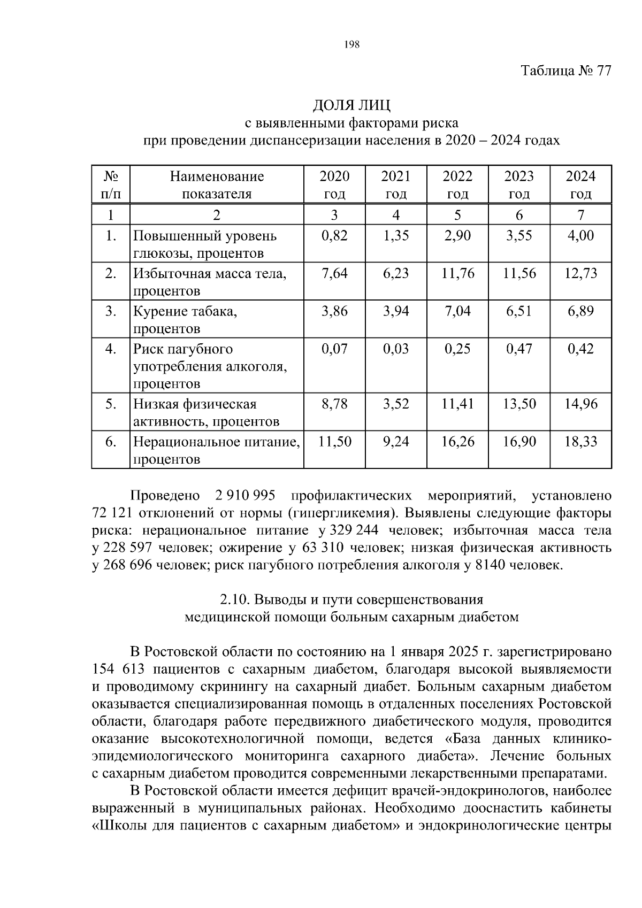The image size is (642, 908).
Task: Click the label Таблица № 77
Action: pos(565,71)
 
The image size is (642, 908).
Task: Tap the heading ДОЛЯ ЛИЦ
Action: pos(351,105)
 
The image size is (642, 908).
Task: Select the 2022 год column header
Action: pos(457,184)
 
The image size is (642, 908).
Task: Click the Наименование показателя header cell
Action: pos(217,184)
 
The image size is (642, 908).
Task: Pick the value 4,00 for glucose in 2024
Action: pos(580,236)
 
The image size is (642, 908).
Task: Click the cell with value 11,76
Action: pos(457,274)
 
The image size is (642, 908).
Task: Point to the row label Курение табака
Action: pos(185,311)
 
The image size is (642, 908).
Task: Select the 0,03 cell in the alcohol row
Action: pos(396,349)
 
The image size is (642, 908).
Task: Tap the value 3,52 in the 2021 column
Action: pos(396,404)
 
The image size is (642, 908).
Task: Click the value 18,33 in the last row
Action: pos(580,442)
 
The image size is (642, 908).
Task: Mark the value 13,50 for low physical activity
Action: pos(519,404)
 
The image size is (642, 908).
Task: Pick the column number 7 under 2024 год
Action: pos(580,216)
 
